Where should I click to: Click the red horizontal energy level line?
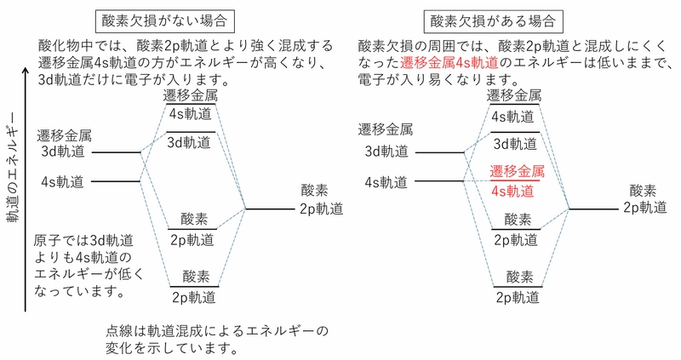tap(515, 180)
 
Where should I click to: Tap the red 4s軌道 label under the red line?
tap(514, 191)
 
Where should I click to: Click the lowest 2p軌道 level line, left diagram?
tap(195, 287)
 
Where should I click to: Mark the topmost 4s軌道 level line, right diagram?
tap(515, 106)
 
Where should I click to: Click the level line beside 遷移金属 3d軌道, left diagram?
tap(115, 153)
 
